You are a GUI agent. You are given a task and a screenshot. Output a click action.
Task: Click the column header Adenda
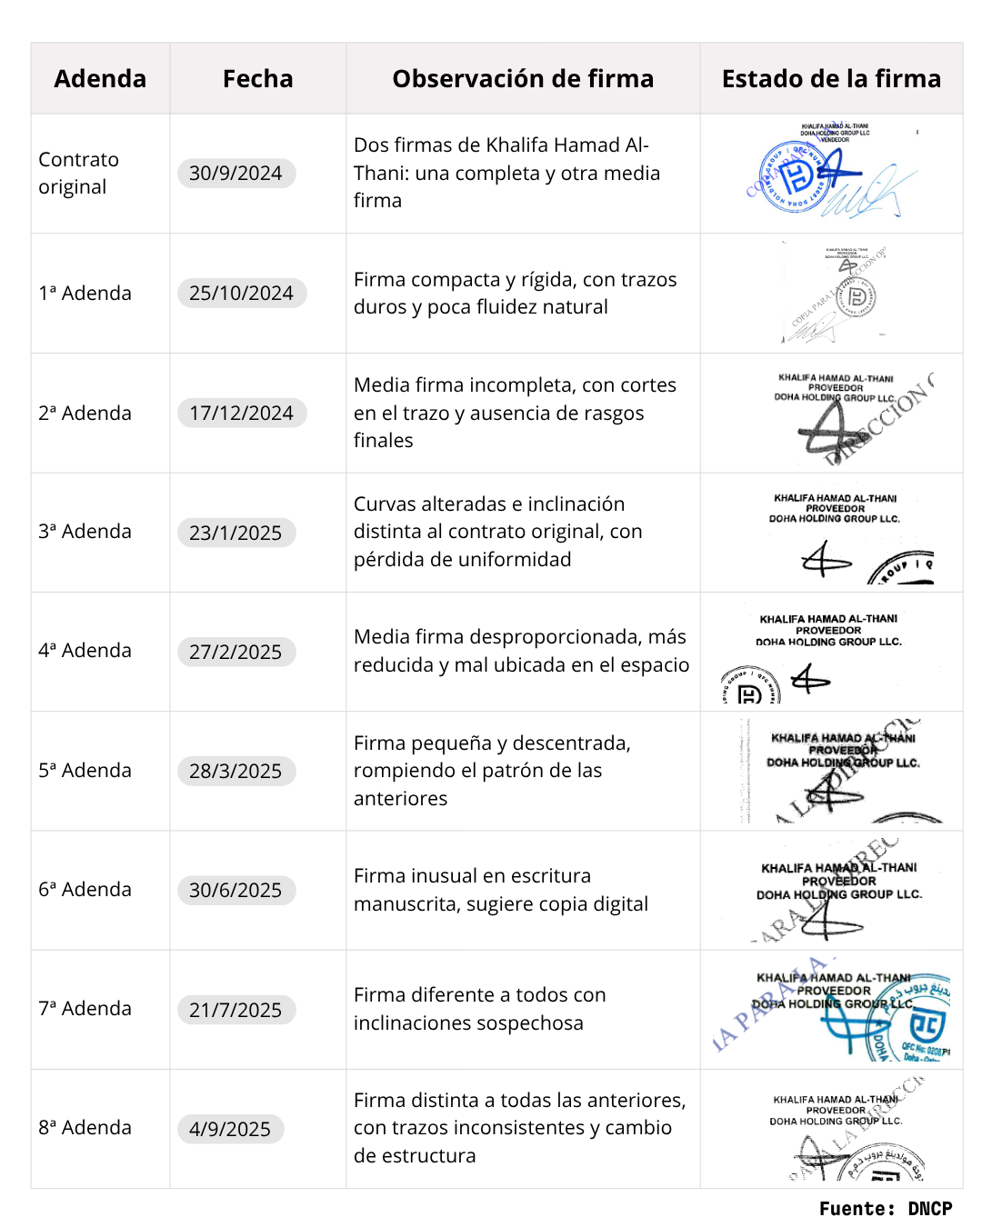(x=100, y=79)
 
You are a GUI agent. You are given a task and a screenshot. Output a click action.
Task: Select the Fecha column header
(x=257, y=79)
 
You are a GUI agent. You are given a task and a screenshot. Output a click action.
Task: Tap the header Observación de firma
(x=523, y=79)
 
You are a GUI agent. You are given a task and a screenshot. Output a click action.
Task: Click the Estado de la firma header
(x=831, y=79)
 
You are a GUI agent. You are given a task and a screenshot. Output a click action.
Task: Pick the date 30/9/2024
(x=235, y=174)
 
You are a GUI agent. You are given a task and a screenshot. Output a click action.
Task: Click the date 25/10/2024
(x=241, y=294)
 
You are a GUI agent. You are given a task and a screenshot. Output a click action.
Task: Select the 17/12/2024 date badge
(x=241, y=414)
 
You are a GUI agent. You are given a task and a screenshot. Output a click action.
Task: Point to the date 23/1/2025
(x=235, y=533)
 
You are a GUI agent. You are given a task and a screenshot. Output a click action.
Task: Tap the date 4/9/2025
(x=230, y=1129)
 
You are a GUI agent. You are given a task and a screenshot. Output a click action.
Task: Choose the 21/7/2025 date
(x=235, y=1010)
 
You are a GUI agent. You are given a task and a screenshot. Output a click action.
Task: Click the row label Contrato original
(x=78, y=173)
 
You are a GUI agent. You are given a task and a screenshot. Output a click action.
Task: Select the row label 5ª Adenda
(x=85, y=770)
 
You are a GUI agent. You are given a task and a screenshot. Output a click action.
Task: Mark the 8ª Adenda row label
(x=85, y=1127)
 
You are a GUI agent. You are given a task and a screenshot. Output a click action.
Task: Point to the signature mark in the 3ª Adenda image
(x=824, y=560)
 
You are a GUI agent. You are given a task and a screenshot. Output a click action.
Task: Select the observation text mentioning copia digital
(x=501, y=890)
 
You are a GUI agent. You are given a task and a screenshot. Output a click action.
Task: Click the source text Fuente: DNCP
(x=885, y=1209)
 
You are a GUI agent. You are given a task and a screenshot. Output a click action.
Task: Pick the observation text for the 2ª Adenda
(x=515, y=413)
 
